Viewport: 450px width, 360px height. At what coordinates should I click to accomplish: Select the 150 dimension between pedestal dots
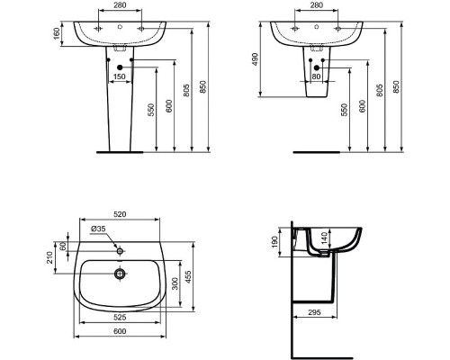pos(118,76)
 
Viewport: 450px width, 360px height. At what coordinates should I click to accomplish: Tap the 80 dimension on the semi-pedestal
pos(317,76)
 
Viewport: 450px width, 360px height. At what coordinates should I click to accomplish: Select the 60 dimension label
pos(64,247)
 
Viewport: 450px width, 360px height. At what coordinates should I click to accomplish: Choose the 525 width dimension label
pos(118,316)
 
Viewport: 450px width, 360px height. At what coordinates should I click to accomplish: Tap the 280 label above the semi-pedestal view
pos(317,6)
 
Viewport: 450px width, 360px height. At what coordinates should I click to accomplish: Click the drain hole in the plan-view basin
pos(117,274)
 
